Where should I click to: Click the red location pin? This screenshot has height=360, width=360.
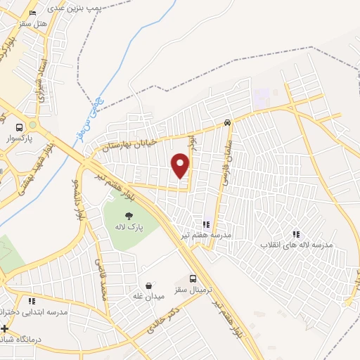pos(181,165)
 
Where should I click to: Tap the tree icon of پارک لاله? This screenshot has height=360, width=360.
pos(128,217)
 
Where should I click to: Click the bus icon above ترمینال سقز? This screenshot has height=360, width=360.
pos(194,279)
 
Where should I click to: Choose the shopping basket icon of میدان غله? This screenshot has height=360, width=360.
pos(148,285)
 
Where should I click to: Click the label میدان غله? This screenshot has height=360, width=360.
pos(148,296)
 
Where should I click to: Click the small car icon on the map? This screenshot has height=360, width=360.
pos(227,122)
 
